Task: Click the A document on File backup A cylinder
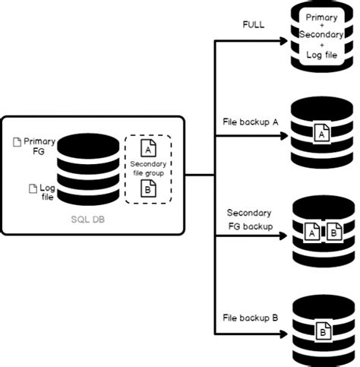321,134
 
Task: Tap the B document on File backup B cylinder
321,331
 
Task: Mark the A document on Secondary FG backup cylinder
311,232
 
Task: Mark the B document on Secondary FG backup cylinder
333,232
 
